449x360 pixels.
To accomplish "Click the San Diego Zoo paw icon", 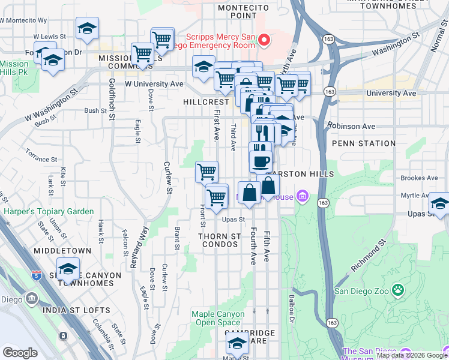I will point(397,290).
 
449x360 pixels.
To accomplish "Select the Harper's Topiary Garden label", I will point(49,211).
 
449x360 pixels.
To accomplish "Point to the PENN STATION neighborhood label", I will point(360,143).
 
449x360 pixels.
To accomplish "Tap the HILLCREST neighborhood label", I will point(190,102).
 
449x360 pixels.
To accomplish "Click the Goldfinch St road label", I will point(112,100).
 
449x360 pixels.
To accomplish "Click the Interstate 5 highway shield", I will point(37,276).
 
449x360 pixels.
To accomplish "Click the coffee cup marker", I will point(261,160).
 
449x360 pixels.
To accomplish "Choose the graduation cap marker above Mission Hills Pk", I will point(53,61).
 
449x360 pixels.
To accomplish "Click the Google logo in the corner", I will point(20,353).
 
